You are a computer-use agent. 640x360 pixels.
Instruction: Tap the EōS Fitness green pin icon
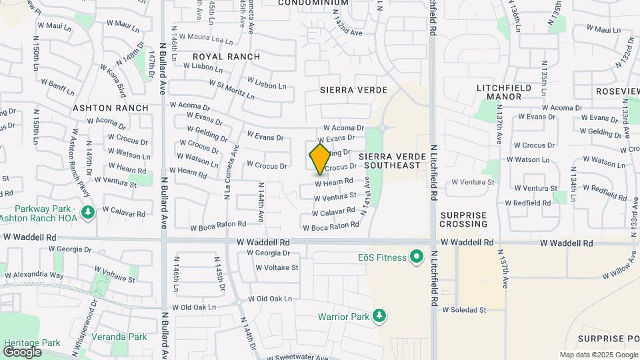tap(417, 257)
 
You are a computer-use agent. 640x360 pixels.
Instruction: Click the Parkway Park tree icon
tap(87, 212)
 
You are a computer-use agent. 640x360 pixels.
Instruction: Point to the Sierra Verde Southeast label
tap(390, 160)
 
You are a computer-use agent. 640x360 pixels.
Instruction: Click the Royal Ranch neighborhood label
tap(226, 57)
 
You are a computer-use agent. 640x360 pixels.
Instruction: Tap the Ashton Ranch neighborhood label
tap(110, 107)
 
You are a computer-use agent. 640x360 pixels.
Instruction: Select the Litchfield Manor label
tap(504, 92)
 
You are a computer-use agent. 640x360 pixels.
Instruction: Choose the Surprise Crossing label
tap(465, 219)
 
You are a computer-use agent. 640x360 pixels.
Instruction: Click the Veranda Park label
tap(119, 337)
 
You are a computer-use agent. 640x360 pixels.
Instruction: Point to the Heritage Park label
tap(32, 342)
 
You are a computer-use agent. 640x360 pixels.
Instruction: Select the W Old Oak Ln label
tap(270, 299)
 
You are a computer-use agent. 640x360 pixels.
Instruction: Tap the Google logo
tap(23, 352)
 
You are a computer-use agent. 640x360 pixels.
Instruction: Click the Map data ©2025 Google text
tap(598, 355)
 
